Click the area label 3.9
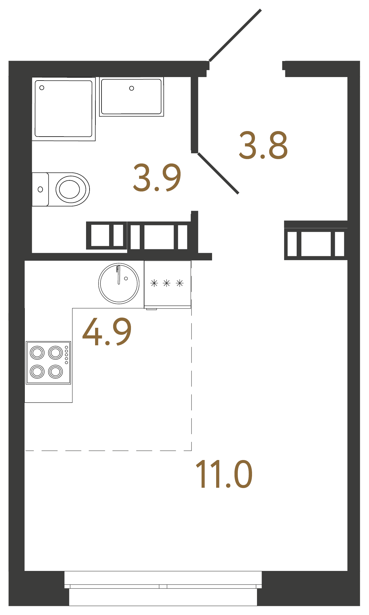[157, 177]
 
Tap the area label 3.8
[263, 145]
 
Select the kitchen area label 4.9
[107, 332]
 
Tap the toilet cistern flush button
[40, 189]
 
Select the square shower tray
[63, 109]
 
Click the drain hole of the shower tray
[42, 88]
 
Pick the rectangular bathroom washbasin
[131, 97]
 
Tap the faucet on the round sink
[118, 275]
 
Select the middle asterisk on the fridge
[167, 283]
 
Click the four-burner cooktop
[48, 363]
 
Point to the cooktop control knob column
[67, 355]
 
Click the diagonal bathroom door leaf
[218, 173]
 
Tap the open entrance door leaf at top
[235, 35]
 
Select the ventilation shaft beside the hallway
[316, 243]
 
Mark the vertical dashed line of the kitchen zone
[191, 379]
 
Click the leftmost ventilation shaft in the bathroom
[106, 235]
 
